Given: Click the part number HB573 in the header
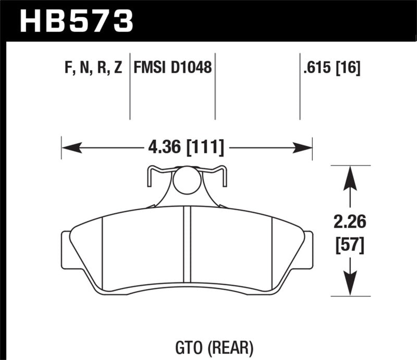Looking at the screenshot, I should click(77, 21).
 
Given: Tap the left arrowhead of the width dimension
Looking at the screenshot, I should click(70, 148).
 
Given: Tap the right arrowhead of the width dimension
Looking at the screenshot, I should click(303, 148).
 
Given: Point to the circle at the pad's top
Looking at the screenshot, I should click(187, 181).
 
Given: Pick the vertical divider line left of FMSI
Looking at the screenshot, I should click(129, 86).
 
